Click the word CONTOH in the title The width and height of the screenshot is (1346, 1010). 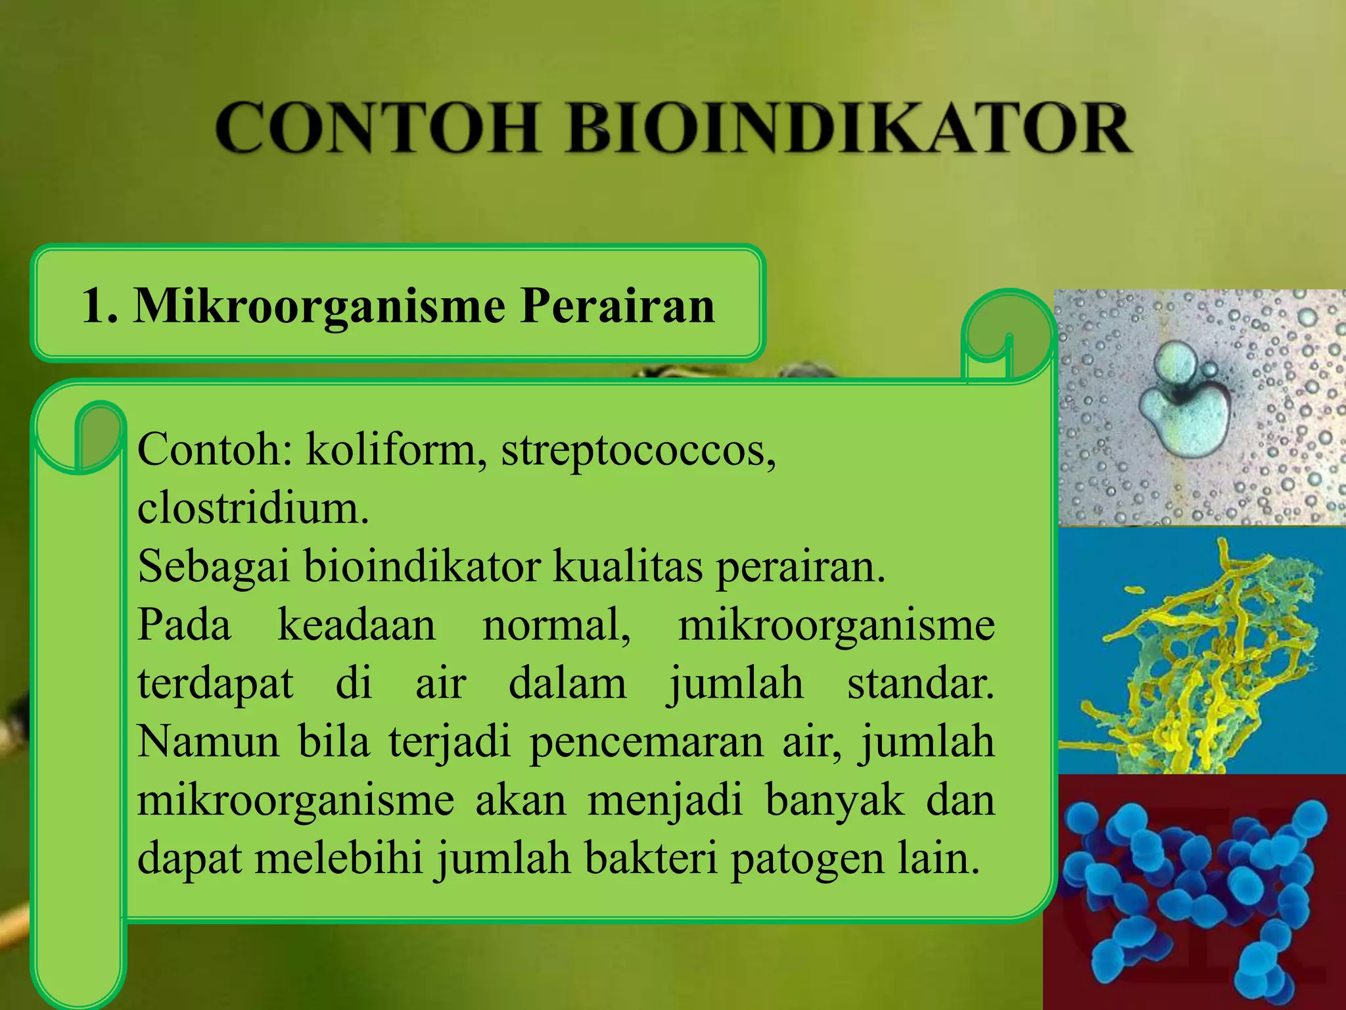coord(378,128)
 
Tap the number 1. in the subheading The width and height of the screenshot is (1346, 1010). coord(100,306)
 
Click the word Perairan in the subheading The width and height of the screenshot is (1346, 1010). coord(618,306)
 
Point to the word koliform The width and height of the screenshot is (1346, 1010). coord(392,450)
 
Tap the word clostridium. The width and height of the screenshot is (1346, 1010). coord(253,508)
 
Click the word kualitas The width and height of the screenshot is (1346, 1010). coord(628,566)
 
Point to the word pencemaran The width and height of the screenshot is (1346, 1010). coord(647,742)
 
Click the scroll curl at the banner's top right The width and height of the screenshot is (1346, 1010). coord(1006,335)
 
